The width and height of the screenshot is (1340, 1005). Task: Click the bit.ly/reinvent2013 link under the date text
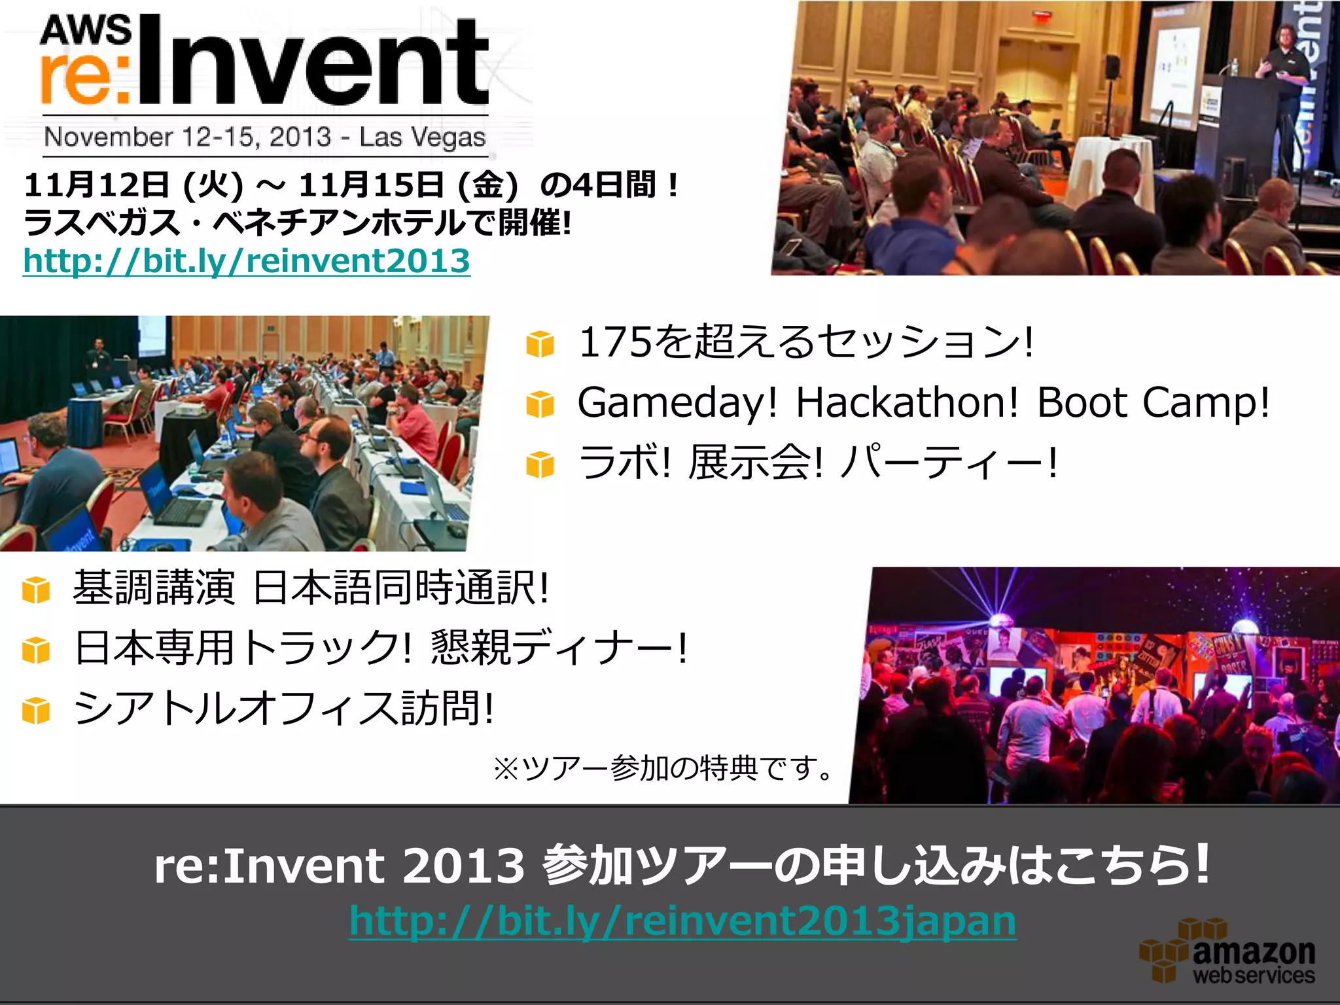tap(246, 260)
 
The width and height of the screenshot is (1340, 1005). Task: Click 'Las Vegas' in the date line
tap(422, 137)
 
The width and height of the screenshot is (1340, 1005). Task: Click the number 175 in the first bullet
tap(615, 342)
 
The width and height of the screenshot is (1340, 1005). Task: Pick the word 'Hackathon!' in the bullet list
tap(907, 402)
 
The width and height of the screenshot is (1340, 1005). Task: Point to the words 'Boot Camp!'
tap(1153, 402)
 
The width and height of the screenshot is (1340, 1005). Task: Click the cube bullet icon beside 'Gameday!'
tap(540, 404)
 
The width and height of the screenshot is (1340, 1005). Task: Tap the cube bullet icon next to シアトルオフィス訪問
tap(35, 711)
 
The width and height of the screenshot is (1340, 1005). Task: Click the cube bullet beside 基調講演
tap(35, 590)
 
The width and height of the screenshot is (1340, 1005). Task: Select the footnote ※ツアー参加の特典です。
tap(663, 768)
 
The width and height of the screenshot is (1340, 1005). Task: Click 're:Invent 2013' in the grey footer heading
tap(339, 865)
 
